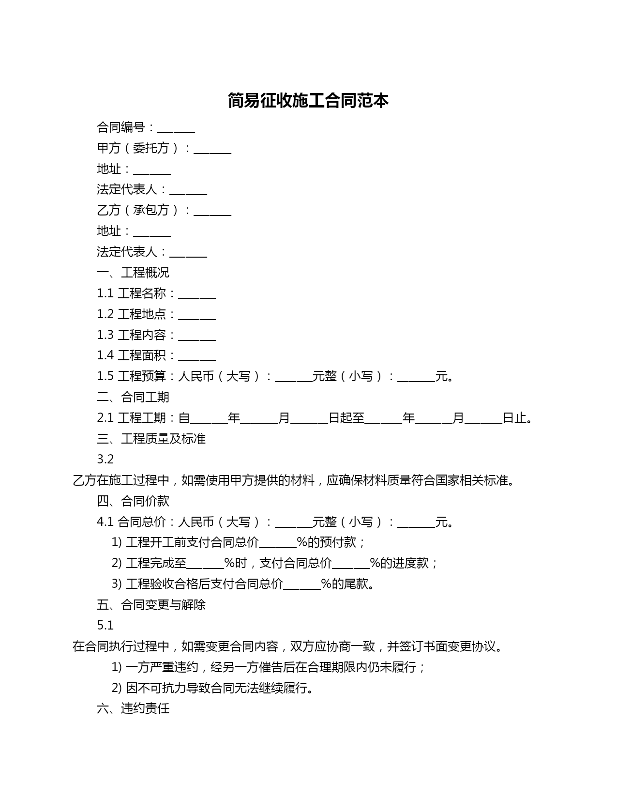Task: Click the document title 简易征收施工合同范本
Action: [308, 101]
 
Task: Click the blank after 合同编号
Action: [176, 129]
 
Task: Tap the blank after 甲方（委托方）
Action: [212, 150]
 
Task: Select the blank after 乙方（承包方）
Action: [212, 212]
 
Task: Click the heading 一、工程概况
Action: [133, 273]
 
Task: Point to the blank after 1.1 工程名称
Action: [197, 295]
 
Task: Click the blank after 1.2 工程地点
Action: [197, 316]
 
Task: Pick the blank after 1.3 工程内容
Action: [197, 337]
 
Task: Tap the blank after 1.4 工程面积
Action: [197, 357]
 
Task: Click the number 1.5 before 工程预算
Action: [105, 376]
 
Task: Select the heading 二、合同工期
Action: [133, 397]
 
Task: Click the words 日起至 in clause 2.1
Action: [346, 418]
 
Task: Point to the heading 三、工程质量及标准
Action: [151, 439]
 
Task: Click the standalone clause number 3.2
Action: [105, 459]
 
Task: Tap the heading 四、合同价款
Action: [133, 501]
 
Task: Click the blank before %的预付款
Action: [278, 544]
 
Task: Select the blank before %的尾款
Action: [302, 585]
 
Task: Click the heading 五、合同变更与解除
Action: [151, 605]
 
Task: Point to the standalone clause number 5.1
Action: [105, 626]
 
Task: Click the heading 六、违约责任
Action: [133, 709]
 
